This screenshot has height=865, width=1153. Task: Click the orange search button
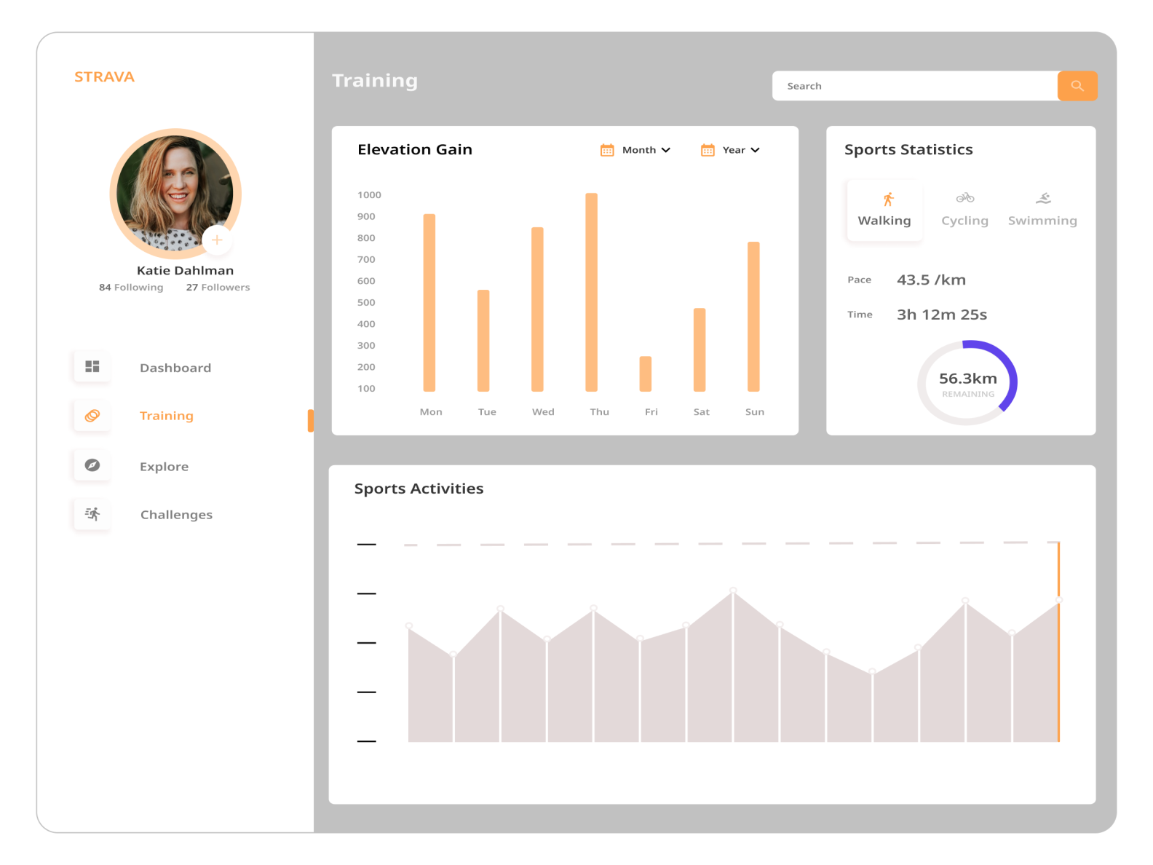1077,86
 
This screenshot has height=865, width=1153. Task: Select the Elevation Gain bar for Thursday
591,292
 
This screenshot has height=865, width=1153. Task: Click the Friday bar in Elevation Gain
646,374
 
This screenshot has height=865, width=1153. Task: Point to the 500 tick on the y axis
366,303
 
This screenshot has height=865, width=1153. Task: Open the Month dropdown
635,150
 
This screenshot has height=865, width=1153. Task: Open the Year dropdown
731,150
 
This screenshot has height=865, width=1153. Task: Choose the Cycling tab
964,210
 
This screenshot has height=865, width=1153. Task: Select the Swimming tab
1042,210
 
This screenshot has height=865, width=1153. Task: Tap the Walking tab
884,210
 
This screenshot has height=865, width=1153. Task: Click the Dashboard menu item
175,368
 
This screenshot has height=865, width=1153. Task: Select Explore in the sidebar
164,467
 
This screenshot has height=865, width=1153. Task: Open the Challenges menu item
176,515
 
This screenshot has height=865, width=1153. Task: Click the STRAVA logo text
104,77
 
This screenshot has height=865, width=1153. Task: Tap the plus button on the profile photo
217,240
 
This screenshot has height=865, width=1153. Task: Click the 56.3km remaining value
967,379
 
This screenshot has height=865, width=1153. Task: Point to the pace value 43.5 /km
931,280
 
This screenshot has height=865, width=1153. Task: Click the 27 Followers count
218,288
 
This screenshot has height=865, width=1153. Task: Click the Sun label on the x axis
755,412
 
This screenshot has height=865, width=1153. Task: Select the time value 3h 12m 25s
942,315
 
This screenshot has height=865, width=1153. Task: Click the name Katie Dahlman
185,271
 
